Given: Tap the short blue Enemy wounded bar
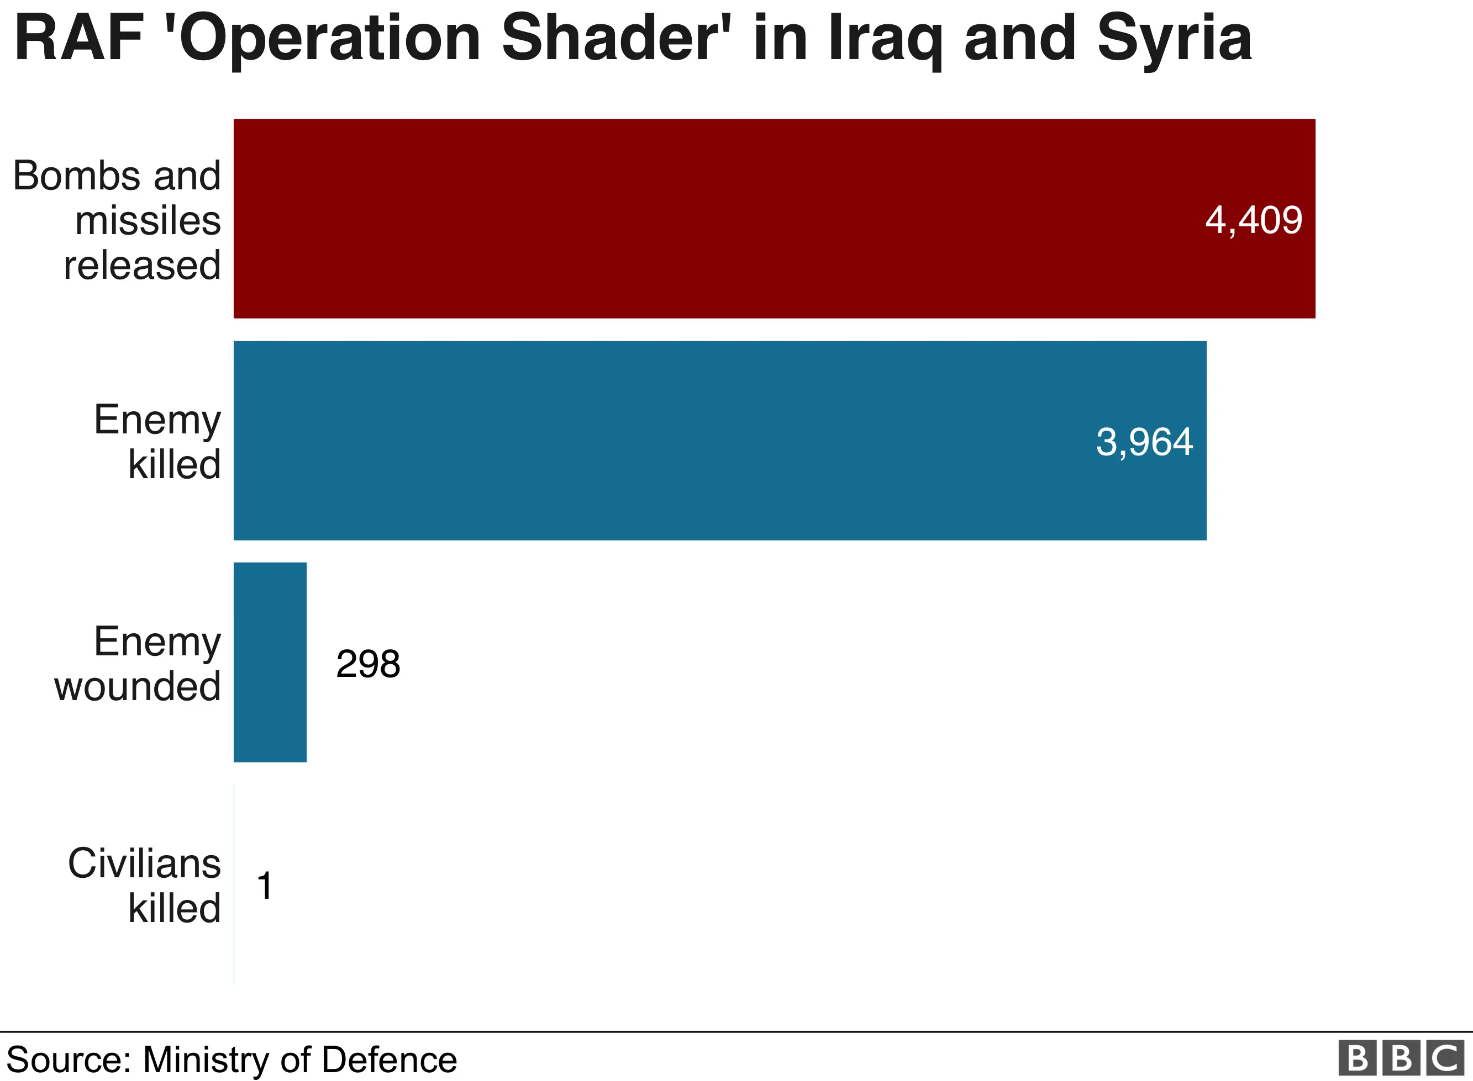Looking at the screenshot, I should (270, 662).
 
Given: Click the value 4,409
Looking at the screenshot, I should (1253, 220).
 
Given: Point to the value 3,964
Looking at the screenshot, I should (1144, 442).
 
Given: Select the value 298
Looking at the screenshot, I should (368, 664).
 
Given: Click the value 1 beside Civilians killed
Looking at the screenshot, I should (265, 886).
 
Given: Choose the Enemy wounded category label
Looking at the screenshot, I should (138, 663).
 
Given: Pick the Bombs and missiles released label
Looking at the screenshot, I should (117, 220).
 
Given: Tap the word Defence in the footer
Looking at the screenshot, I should (390, 1059).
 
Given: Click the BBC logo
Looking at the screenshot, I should (1401, 1058).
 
